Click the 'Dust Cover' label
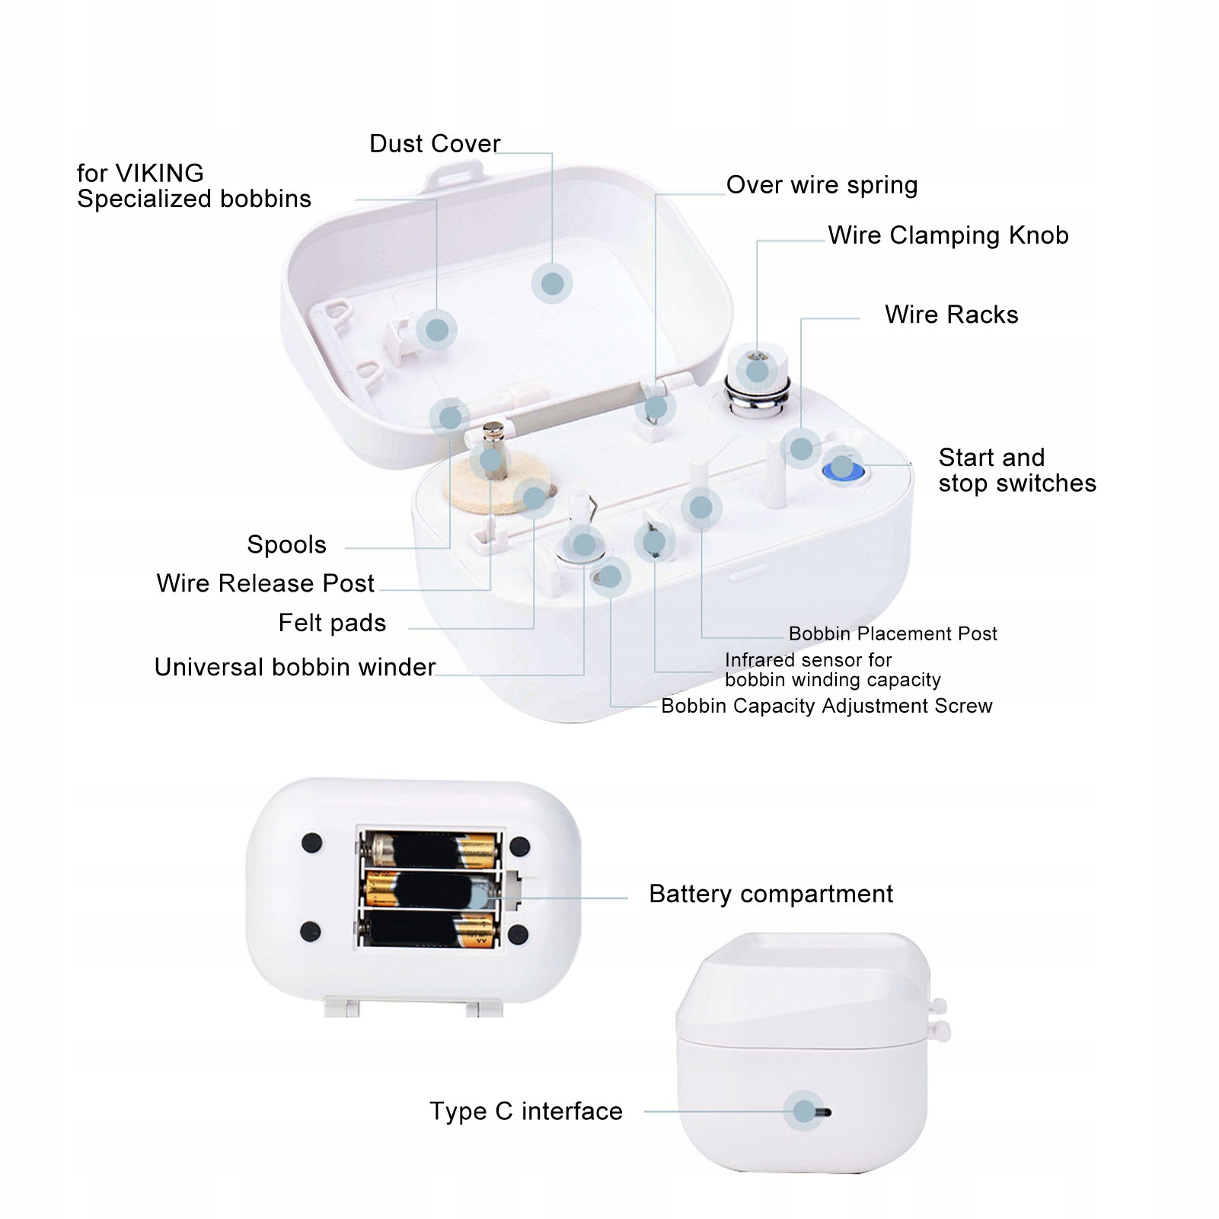[x=434, y=143]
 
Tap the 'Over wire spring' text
[x=822, y=185]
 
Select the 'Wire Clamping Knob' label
[x=948, y=235]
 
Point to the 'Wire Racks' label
[x=951, y=314]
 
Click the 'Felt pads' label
[x=332, y=623]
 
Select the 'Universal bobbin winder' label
[x=295, y=667]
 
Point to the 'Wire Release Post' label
[x=265, y=583]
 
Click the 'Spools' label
[x=286, y=544]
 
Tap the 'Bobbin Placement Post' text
[x=892, y=633]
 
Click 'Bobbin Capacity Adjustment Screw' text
[x=826, y=706]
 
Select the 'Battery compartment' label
[x=771, y=894]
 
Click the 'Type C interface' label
[x=525, y=1112]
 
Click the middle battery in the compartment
[x=430, y=889]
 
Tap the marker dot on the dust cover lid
[x=552, y=283]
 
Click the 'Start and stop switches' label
[x=1016, y=471]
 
